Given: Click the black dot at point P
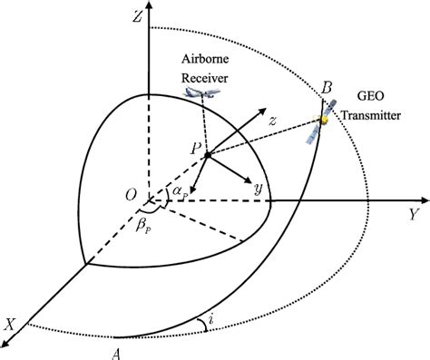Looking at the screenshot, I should [208, 155].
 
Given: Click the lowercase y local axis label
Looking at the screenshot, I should [259, 189].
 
